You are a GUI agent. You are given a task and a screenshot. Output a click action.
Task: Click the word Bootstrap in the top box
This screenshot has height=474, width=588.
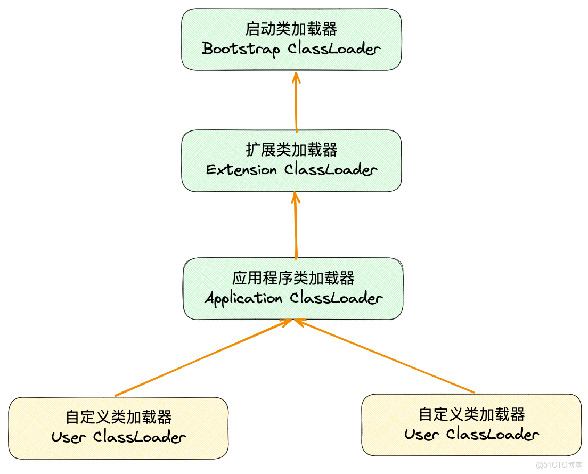coord(241,49)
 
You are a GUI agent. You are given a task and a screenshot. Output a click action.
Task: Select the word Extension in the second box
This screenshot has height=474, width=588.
coord(241,170)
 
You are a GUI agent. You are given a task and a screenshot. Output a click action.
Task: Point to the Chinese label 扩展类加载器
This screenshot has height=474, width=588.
coord(291,150)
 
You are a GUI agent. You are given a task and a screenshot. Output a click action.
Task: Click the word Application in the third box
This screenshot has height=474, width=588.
coord(243,298)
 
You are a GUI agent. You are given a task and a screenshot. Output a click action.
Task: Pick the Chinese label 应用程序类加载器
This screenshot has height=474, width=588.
coord(293,278)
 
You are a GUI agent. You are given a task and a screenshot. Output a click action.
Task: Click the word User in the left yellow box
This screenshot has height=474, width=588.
coord(69,437)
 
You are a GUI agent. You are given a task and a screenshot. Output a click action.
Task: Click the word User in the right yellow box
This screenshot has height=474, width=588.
coord(422,434)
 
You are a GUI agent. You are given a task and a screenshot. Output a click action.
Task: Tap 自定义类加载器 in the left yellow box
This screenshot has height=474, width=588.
coord(119,416)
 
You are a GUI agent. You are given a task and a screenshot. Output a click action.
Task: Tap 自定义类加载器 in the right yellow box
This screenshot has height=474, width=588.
coord(472,414)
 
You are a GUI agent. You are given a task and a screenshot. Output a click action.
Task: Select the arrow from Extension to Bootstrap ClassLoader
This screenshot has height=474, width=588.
coord(296,104)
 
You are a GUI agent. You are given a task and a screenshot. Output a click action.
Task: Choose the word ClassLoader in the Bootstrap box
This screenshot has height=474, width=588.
coord(334,49)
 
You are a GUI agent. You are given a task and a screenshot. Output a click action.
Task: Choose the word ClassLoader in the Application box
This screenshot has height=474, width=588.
coord(336,298)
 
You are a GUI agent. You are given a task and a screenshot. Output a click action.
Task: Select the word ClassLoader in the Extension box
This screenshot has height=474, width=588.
coord(331,170)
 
